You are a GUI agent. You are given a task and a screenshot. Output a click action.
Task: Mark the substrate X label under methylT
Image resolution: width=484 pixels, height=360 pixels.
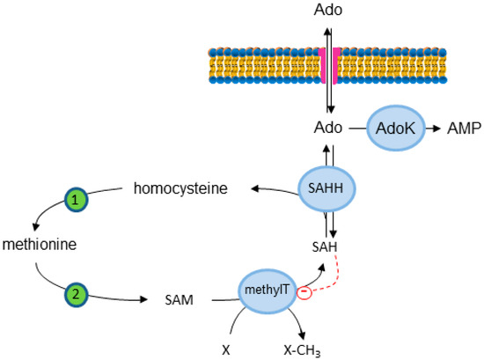click(227, 348)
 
